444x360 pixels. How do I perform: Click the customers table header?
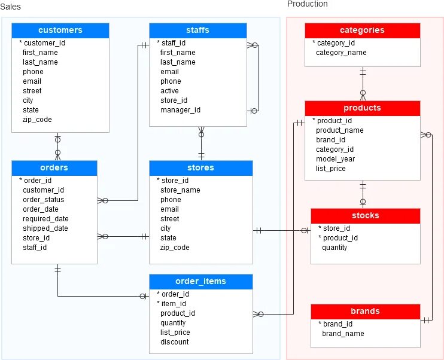coord(60,30)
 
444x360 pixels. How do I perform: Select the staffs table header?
coord(197,30)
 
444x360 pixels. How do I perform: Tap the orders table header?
coord(54,168)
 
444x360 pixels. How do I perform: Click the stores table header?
coord(200,168)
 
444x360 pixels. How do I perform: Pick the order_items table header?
coord(200,282)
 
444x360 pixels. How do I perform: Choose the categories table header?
coord(362,30)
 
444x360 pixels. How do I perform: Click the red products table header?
coord(362,108)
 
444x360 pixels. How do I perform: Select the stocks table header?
coord(365,216)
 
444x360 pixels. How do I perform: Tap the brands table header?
coord(365,312)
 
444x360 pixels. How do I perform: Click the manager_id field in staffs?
coord(180,110)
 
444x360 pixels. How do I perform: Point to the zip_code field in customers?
coord(37,120)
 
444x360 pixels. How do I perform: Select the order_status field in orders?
coord(44,200)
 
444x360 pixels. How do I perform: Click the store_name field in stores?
coord(180,190)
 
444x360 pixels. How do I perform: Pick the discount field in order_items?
coord(174,342)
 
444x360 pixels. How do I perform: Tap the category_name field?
coord(341,53)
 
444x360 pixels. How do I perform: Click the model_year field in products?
coord(335,159)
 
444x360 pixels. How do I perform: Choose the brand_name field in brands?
coord(343,334)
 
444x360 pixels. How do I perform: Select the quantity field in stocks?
coord(334,248)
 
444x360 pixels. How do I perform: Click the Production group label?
coord(308,4)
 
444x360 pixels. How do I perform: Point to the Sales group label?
coord(10,6)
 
